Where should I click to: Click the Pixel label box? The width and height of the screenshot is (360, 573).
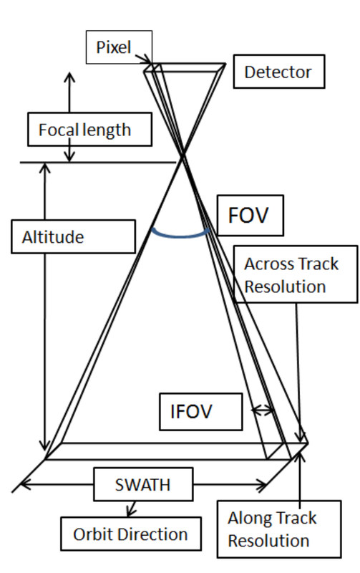click(119, 47)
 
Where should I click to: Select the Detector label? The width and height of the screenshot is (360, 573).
click(279, 72)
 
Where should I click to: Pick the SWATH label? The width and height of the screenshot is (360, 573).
click(143, 484)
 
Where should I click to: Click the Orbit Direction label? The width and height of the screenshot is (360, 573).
click(131, 534)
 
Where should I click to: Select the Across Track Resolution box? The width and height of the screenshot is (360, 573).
click(296, 274)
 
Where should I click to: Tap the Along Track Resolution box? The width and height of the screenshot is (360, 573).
click(279, 529)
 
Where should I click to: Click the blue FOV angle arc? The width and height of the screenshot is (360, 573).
click(181, 235)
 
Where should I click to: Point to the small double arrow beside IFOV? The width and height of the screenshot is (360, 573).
click(262, 410)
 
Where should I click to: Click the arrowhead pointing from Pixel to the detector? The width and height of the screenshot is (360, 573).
click(147, 59)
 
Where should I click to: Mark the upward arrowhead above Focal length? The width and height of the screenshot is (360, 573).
click(69, 77)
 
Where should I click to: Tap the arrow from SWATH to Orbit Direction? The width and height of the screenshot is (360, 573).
click(132, 509)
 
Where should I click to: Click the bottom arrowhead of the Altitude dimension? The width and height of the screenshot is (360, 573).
click(44, 445)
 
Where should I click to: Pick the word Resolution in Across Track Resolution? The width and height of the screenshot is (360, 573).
click(285, 286)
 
